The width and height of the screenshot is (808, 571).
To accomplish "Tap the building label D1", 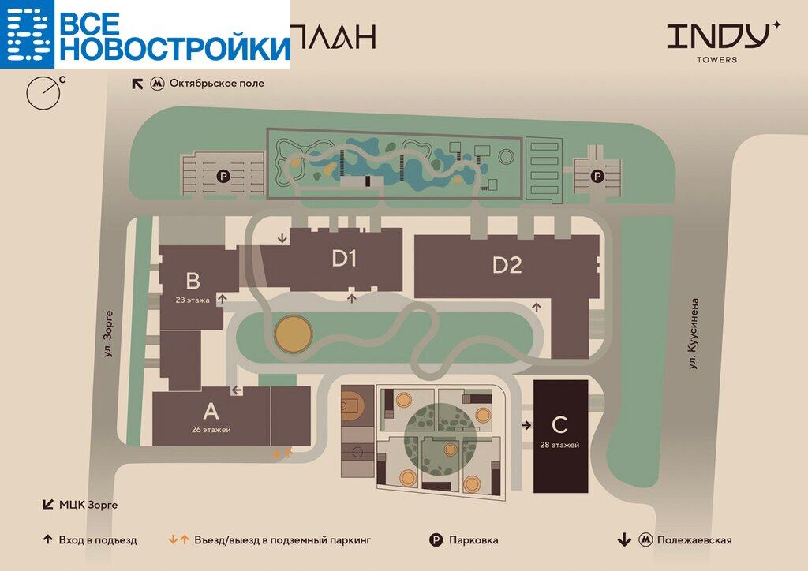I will coord(345,259).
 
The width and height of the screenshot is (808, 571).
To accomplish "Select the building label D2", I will coord(507,266).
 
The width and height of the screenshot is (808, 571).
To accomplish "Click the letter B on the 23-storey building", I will coord(193,281).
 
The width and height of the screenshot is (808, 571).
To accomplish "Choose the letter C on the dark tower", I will coord(559,425).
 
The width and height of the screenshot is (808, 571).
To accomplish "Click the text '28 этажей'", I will coord(560,446).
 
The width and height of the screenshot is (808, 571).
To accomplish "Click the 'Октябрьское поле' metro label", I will coord(216,83).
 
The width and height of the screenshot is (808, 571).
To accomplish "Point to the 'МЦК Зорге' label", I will coord(88,504).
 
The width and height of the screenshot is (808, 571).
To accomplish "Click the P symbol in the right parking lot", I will coord(597,176).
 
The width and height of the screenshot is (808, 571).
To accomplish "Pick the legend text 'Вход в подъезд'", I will coord(97,540).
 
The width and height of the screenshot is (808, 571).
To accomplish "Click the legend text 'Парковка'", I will coord(473,540).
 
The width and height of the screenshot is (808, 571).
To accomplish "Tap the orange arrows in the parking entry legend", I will coord(179,540).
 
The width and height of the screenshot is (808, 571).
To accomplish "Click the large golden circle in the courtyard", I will coord(293,334).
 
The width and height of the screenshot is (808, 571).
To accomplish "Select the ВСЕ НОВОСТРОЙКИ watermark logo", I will coord(145,35).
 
